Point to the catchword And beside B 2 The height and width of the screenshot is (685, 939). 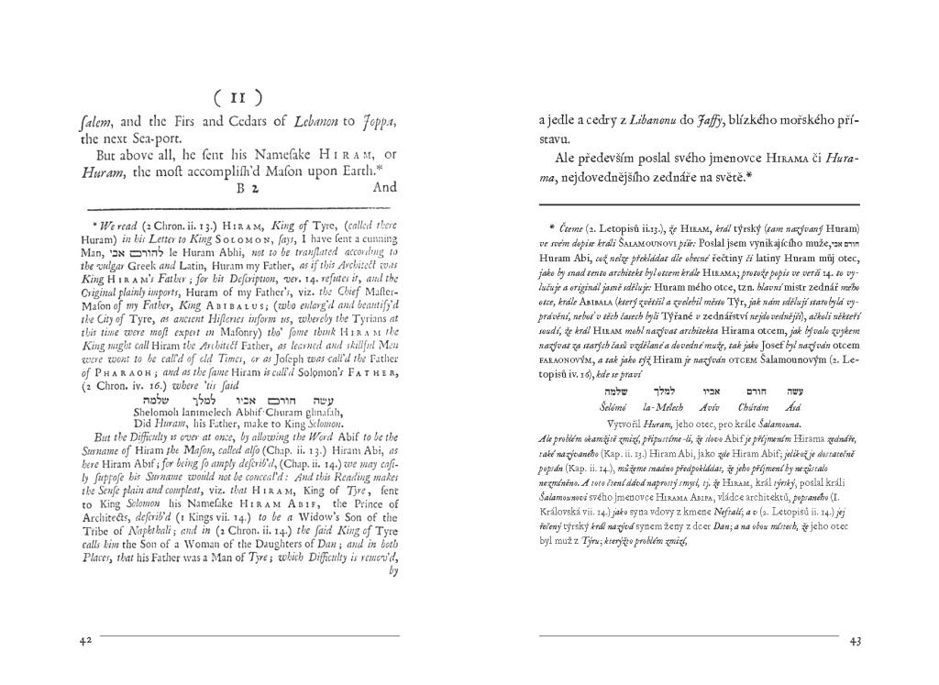(x=383, y=187)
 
